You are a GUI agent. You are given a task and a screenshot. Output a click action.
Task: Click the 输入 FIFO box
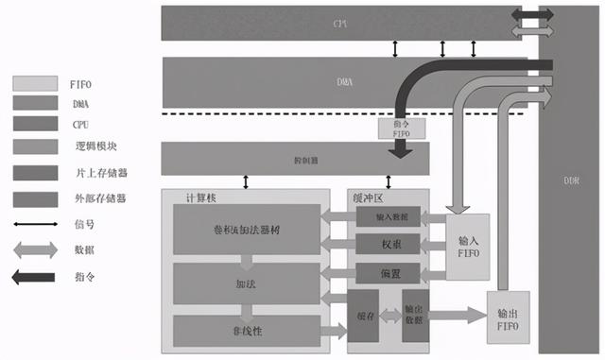469,246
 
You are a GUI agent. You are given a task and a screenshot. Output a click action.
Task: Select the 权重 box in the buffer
388,245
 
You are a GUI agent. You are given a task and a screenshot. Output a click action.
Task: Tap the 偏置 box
388,273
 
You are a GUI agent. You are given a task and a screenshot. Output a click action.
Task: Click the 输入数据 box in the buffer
388,217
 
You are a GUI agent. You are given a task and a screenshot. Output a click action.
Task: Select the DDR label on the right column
571,180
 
